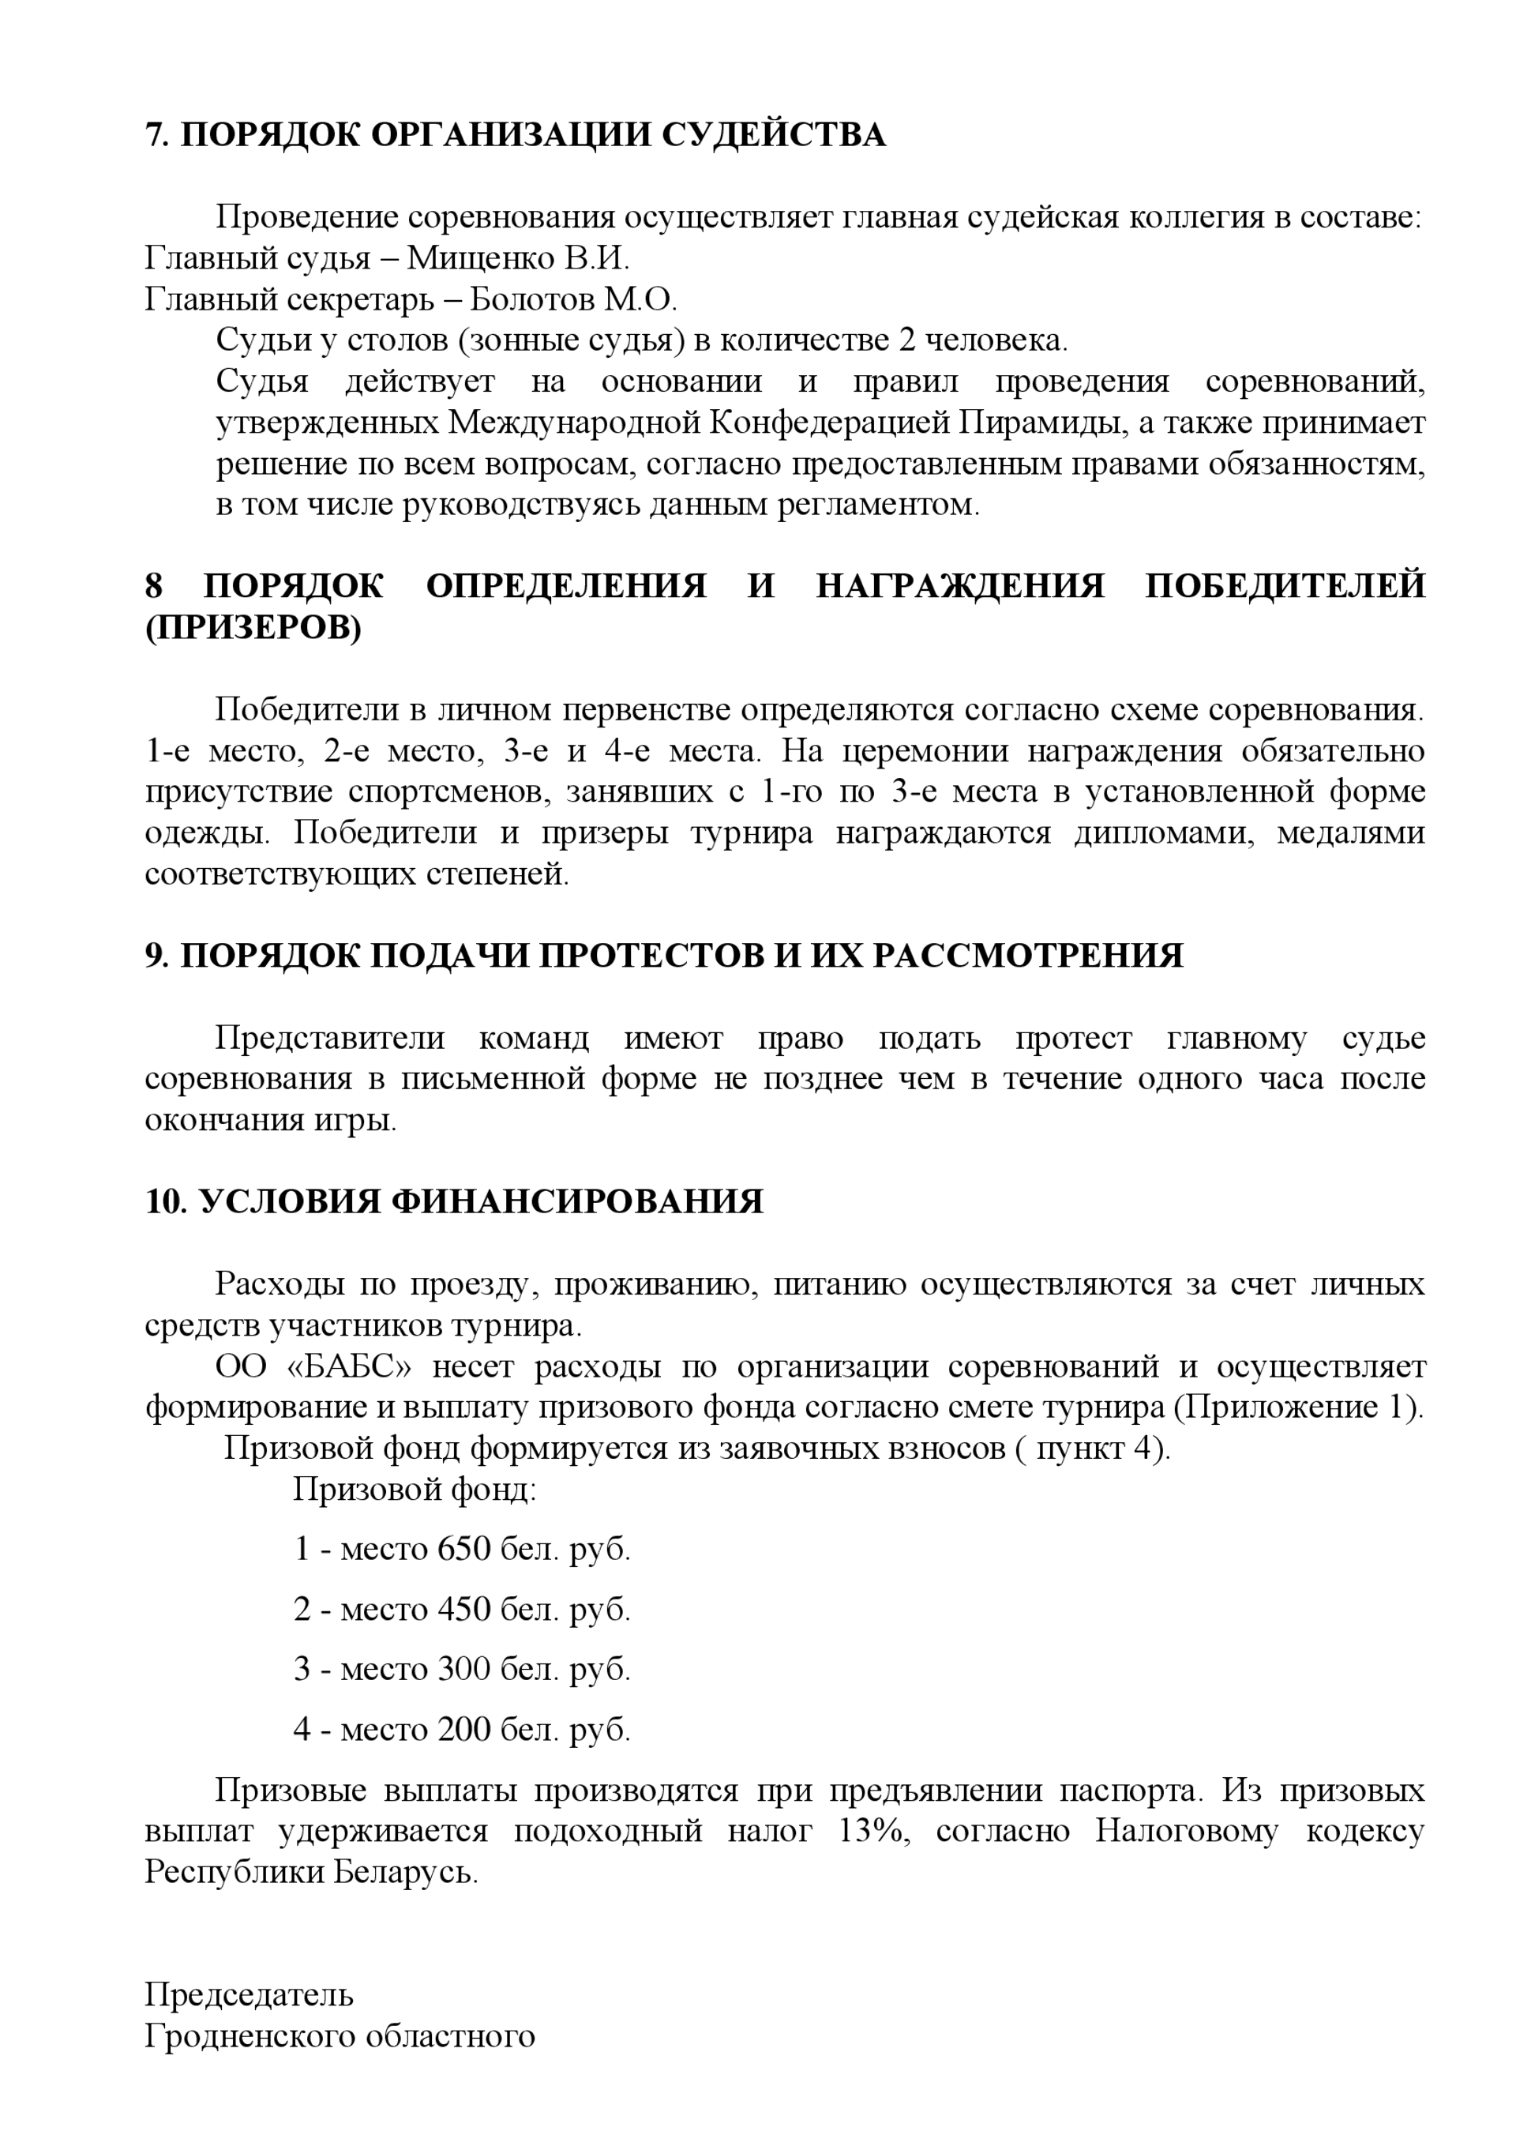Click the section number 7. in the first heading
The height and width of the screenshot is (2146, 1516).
point(156,137)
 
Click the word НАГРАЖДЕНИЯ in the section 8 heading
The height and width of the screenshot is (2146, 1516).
point(961,586)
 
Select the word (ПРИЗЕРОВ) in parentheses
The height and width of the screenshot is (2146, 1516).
point(253,628)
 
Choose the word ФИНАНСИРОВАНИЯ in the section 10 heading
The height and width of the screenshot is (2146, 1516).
point(576,1202)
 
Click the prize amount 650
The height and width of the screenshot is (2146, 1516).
point(463,1549)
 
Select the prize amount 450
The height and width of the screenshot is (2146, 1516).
point(463,1610)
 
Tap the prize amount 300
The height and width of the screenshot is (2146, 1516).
point(463,1669)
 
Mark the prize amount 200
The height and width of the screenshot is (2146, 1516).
point(463,1730)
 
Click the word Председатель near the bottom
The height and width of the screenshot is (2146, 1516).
point(249,1994)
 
